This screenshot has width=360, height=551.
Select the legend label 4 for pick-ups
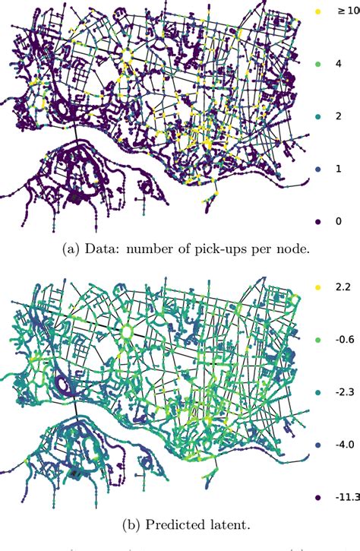(x=339, y=66)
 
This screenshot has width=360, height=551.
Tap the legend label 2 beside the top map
(x=339, y=118)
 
